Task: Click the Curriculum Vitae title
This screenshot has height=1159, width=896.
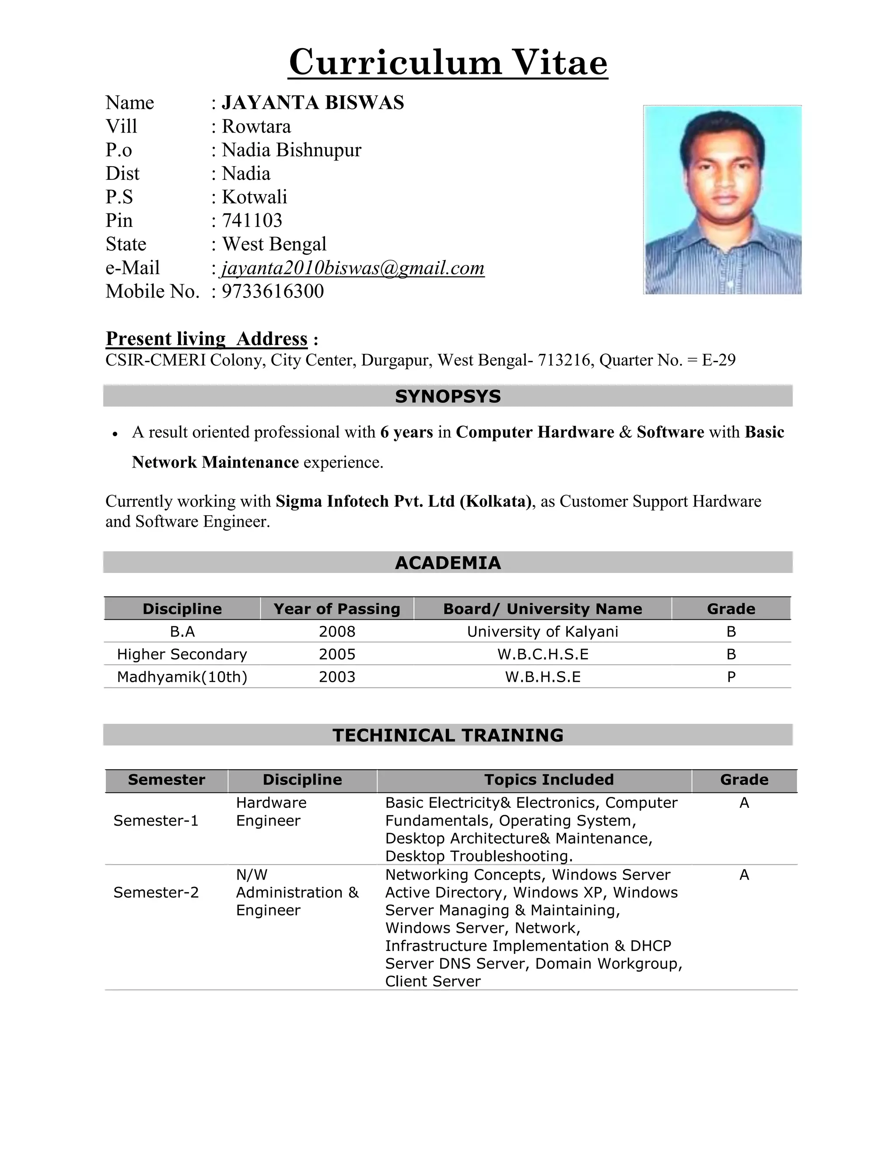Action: (448, 63)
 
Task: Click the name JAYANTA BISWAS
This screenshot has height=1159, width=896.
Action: (313, 102)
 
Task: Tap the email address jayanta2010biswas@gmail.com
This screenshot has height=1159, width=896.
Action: (353, 268)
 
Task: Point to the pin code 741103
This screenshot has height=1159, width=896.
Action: (252, 220)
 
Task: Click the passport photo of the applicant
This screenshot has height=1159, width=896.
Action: (722, 199)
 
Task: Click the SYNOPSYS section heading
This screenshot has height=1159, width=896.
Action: (448, 396)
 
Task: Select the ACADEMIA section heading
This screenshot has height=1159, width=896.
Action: (448, 562)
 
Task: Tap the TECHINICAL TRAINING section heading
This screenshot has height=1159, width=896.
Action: (448, 735)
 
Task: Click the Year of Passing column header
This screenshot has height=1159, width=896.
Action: (336, 609)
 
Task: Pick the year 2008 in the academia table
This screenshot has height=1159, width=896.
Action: (336, 632)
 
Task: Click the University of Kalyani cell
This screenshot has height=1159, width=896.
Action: (542, 632)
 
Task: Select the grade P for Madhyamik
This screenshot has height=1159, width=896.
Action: (731, 677)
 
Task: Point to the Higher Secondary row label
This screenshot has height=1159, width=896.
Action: (182, 654)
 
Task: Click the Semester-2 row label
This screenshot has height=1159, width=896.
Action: (156, 893)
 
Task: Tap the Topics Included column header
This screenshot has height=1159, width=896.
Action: (549, 779)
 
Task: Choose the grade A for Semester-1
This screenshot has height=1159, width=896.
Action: (744, 803)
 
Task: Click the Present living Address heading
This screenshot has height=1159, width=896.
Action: (206, 339)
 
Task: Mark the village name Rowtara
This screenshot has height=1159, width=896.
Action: (256, 126)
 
